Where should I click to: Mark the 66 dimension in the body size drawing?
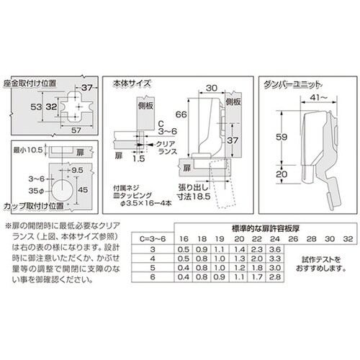[x=183, y=116]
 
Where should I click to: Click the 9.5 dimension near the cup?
[x=76, y=171]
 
